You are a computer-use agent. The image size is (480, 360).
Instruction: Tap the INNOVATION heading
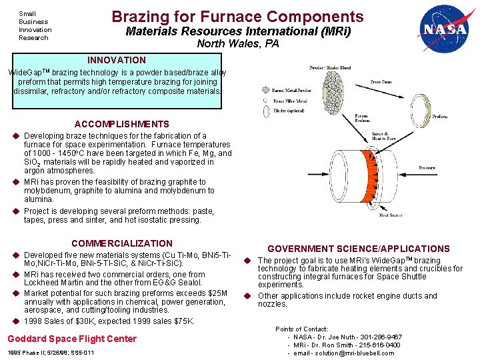point(117,60)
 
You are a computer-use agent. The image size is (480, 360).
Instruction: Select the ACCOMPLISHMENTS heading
point(122,124)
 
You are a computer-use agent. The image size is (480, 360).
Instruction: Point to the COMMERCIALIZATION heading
point(122,243)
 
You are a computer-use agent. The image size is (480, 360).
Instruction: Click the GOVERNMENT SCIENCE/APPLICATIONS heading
point(359,249)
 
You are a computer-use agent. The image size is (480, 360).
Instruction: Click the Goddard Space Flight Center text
point(72,339)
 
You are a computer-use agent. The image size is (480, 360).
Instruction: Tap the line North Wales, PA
point(238,45)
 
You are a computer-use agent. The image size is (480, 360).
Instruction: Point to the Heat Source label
point(391,215)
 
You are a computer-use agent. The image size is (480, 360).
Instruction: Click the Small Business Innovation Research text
point(35,25)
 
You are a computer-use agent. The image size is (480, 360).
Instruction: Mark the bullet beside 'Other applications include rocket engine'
point(246,296)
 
